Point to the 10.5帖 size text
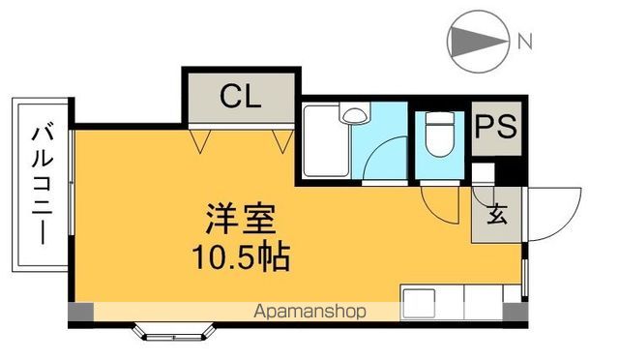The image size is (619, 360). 241,256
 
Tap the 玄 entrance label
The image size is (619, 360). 496,215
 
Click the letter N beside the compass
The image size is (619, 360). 524,42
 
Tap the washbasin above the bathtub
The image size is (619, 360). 355,116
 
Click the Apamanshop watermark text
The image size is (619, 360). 310,312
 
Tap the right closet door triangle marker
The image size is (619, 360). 281,142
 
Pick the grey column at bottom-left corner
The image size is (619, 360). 81,312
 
